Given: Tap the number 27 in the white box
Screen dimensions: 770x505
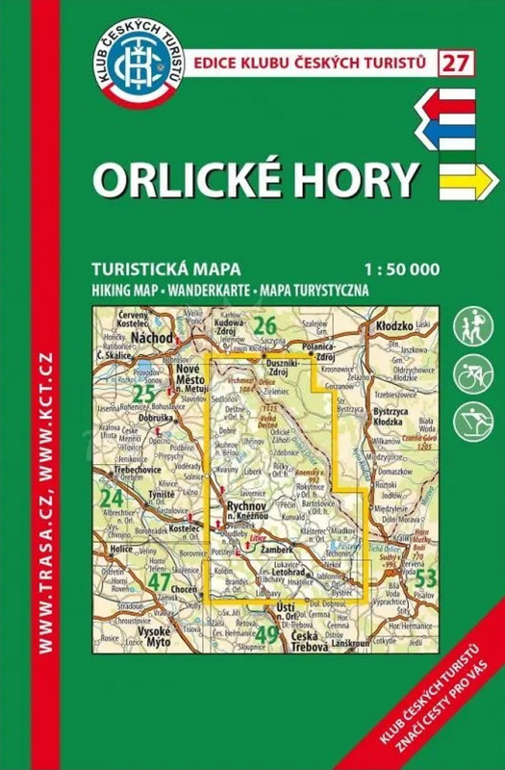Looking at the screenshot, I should (456, 64).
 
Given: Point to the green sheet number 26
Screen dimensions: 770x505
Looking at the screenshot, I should (265, 326).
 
